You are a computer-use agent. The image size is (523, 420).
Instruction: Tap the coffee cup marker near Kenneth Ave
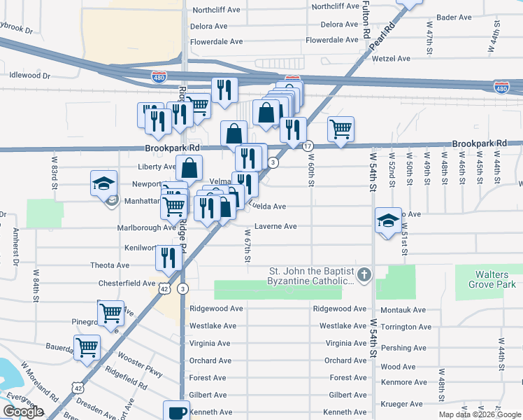pos(176,411)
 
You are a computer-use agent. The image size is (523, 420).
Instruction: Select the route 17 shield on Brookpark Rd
pos(308,146)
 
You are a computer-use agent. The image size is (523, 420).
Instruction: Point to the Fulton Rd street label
pos(366,20)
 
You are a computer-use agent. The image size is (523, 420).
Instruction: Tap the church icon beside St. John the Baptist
pos(364,273)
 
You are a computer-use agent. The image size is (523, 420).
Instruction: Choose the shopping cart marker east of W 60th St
pos(341,129)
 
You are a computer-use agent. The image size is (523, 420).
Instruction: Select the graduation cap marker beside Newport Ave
pos(103,183)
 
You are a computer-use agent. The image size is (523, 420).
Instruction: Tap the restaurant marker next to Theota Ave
pos(169,257)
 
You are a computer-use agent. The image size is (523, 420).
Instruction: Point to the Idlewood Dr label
pos(30,74)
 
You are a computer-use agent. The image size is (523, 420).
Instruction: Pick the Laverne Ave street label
pos(275,227)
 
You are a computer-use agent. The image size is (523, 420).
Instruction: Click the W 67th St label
pos(248,246)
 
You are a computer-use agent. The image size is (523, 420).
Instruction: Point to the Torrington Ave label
pos(406,327)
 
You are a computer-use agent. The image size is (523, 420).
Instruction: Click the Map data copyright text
pos(479,414)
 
